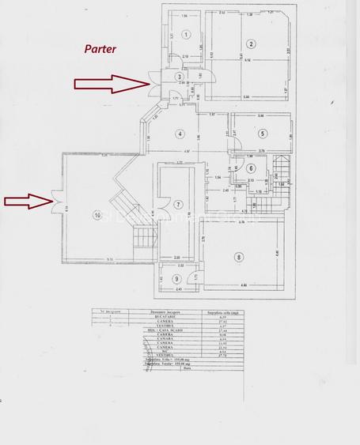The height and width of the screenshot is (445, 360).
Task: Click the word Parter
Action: tap(100, 48)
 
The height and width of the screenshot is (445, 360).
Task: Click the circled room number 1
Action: tap(184, 34)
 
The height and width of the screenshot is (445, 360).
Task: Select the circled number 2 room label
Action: tap(250, 43)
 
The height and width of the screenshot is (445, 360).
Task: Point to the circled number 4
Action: tap(180, 133)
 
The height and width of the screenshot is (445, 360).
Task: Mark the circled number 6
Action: tap(250, 168)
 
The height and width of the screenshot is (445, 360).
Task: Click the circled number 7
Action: tap(180, 205)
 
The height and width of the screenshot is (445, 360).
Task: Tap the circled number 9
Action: tap(176, 279)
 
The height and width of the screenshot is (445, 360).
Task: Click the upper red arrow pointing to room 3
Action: tap(110, 81)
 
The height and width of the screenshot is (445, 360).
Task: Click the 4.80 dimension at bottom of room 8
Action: tap(245, 285)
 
